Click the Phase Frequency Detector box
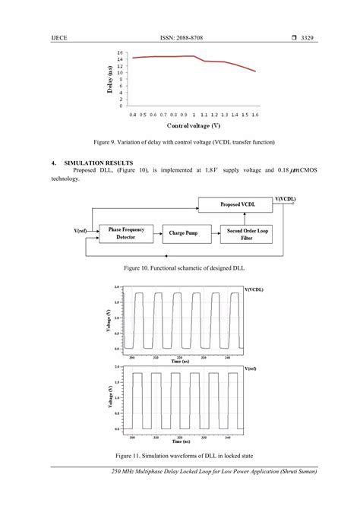point(125,233)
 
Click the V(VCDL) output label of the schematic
point(285,199)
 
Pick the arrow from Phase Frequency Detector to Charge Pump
point(157,233)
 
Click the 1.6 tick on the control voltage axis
point(255,112)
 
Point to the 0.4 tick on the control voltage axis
point(133,112)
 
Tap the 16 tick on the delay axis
point(120,52)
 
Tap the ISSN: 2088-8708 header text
point(180,37)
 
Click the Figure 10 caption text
point(180,268)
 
